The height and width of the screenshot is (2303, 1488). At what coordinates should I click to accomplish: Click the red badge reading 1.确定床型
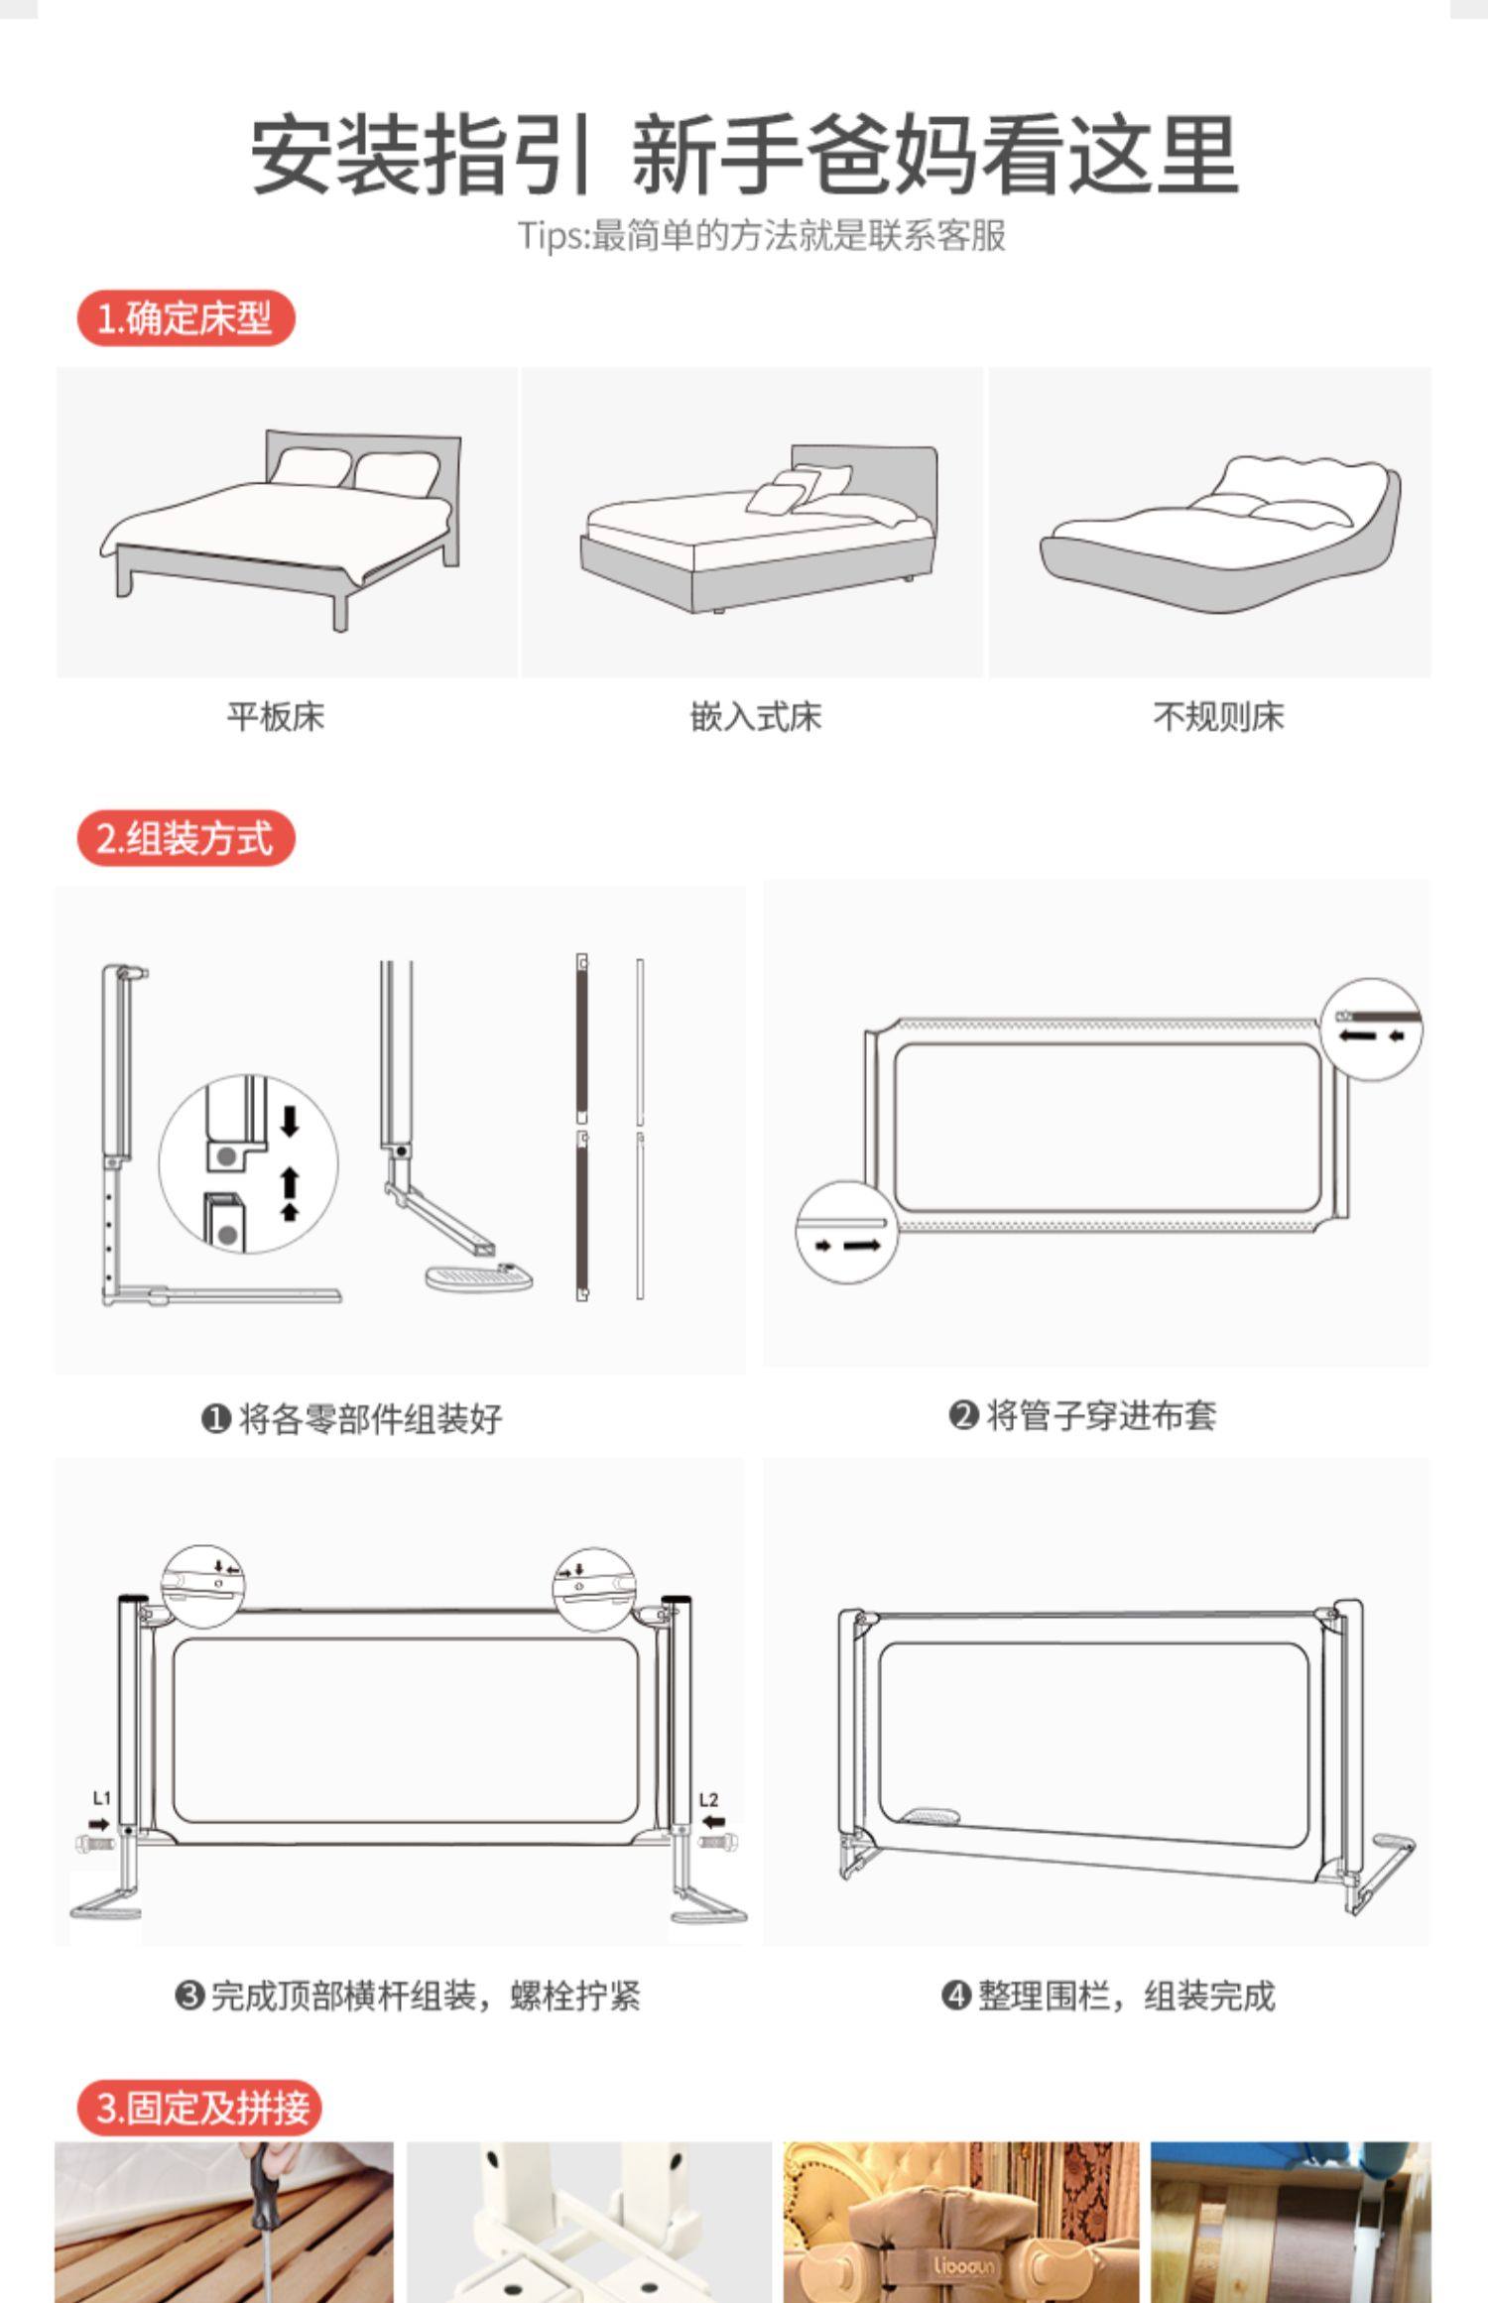(x=186, y=318)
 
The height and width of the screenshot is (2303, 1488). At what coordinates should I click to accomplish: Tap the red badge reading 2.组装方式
(x=186, y=838)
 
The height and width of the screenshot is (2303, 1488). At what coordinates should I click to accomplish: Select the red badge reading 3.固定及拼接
(x=199, y=2108)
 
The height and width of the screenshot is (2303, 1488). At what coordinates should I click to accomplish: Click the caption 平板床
(x=276, y=716)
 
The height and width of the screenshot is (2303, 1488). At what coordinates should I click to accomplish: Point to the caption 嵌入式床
(x=756, y=716)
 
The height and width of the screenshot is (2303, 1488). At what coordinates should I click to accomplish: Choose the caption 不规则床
(x=1218, y=716)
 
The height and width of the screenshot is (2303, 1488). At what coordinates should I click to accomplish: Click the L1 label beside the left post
(x=101, y=1798)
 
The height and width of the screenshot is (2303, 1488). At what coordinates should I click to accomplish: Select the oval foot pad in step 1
(x=479, y=1275)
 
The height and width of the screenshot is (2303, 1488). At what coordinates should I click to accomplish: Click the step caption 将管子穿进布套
(x=1082, y=1415)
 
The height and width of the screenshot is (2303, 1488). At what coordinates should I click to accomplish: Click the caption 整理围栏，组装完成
(x=1108, y=1995)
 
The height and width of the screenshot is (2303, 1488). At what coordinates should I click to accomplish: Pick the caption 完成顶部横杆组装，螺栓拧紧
(x=408, y=1995)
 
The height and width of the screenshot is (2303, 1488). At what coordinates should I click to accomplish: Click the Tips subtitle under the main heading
(x=761, y=236)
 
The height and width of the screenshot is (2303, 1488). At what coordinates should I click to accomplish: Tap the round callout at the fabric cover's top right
(x=1372, y=1030)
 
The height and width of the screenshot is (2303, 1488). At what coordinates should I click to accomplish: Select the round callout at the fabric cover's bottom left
(x=846, y=1232)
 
